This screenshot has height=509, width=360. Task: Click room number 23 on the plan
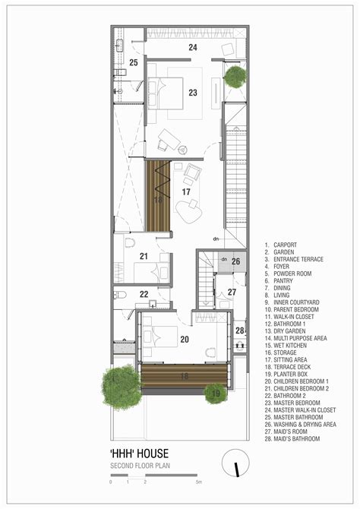pyautogui.click(x=192, y=93)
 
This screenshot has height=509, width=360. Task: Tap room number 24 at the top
pyautogui.click(x=192, y=48)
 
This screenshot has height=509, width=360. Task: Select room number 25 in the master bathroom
pyautogui.click(x=133, y=62)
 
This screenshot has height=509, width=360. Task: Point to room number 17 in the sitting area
pyautogui.click(x=185, y=193)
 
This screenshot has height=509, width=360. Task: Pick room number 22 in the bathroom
pyautogui.click(x=144, y=294)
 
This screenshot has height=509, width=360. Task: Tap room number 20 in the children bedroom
pyautogui.click(x=185, y=340)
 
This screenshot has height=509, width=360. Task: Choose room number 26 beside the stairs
pyautogui.click(x=236, y=261)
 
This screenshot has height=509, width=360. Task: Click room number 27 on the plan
pyautogui.click(x=232, y=292)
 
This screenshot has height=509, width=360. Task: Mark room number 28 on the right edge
pyautogui.click(x=239, y=330)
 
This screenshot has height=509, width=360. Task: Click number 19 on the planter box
pyautogui.click(x=215, y=394)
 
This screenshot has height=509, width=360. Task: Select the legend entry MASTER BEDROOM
pyautogui.click(x=298, y=402)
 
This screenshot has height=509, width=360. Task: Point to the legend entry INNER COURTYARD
pyautogui.click(x=297, y=302)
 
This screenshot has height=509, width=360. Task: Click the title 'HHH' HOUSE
pyautogui.click(x=140, y=455)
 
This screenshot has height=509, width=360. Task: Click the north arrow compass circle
pyautogui.click(x=237, y=464)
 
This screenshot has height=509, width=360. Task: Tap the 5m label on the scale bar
pyautogui.click(x=199, y=482)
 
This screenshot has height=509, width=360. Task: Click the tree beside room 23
pyautogui.click(x=235, y=76)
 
